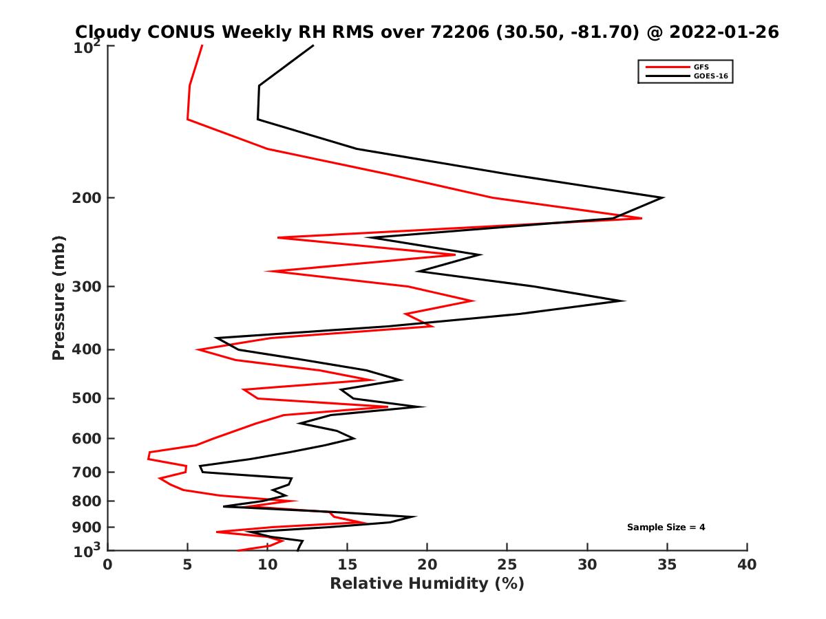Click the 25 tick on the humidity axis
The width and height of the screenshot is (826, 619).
tap(507, 565)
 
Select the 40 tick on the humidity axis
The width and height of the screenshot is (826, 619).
tap(747, 565)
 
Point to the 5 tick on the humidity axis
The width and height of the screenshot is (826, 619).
tap(187, 565)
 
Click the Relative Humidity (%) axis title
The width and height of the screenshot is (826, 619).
tap(427, 584)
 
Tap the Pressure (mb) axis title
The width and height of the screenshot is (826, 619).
tap(59, 297)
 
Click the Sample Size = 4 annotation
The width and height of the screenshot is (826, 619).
tap(666, 528)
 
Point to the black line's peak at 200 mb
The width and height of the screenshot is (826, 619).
tap(662, 198)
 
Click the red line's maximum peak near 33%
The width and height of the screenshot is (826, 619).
tap(642, 218)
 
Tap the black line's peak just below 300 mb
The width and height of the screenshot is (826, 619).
tap(624, 301)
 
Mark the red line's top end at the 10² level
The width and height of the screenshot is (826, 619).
tap(202, 45)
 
